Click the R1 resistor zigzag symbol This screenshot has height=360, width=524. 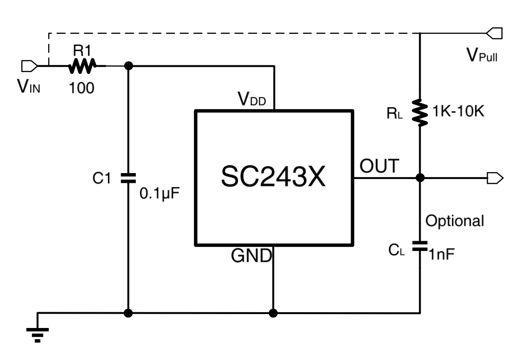point(82,66)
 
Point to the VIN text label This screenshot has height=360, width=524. point(29,86)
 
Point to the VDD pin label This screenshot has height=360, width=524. point(252,99)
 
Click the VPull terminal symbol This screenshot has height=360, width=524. point(494,33)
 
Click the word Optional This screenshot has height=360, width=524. point(454,221)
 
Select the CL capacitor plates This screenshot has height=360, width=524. point(420,246)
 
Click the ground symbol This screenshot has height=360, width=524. point(38,333)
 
